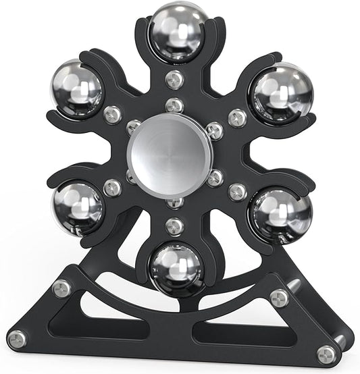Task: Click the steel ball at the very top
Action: [x=178, y=32]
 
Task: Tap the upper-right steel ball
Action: [x=281, y=92]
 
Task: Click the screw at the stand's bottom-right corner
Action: [x=327, y=352]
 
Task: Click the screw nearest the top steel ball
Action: [x=174, y=79]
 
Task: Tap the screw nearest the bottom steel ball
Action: [x=174, y=226]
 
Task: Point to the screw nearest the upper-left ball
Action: [x=113, y=114]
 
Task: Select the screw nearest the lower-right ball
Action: [x=237, y=192]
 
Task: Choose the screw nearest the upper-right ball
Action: [x=237, y=117]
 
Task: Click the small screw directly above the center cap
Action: [x=174, y=105]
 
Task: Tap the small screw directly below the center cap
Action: [x=175, y=201]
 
